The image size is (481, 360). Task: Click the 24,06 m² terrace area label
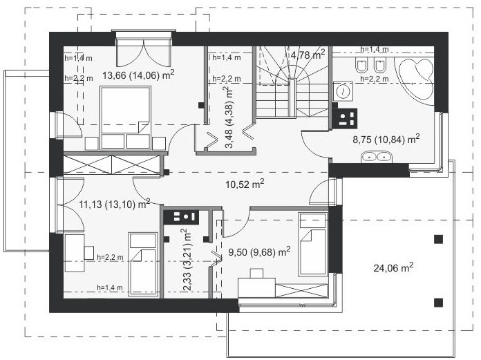tap(393, 267)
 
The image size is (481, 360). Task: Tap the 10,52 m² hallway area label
tap(245, 184)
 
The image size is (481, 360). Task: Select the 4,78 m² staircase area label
tap(308, 55)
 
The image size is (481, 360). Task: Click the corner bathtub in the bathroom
tap(415, 79)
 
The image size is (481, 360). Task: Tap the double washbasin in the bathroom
tap(376, 157)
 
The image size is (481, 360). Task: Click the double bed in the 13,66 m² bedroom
tap(126, 114)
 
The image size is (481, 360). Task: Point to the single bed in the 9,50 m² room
tap(312, 244)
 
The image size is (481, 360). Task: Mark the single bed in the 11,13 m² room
tap(143, 264)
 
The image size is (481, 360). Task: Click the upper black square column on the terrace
tap(438, 239)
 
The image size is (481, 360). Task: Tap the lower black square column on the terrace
tap(438, 303)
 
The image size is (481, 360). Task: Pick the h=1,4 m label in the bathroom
tap(375, 49)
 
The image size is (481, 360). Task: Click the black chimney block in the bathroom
tap(344, 118)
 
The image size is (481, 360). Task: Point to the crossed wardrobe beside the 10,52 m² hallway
tap(112, 165)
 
